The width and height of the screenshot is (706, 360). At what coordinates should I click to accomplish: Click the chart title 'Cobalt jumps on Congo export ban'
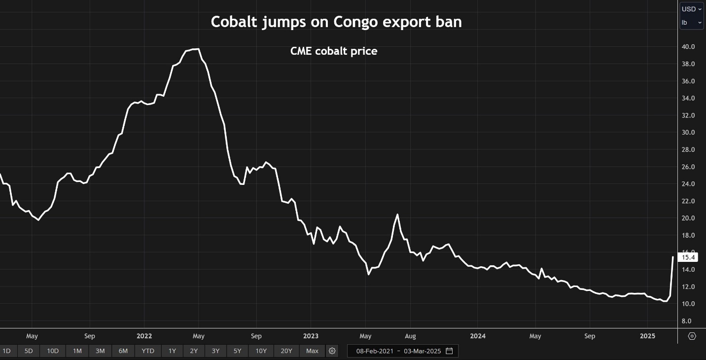tap(336, 22)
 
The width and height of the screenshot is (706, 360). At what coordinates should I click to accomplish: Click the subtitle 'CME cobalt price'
tap(334, 51)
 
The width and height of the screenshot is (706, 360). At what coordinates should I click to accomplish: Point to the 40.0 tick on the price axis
tap(688, 47)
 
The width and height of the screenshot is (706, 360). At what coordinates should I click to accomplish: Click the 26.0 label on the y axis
tap(688, 167)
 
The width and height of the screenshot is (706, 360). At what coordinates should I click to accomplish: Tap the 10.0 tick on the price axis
tap(688, 304)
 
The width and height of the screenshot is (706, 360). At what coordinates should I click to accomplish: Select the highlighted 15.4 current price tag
tap(688, 257)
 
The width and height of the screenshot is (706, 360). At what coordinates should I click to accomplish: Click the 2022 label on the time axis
tap(144, 336)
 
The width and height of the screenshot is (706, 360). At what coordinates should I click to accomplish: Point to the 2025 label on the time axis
tap(647, 336)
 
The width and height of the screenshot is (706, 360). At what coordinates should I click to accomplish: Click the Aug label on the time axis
tap(410, 336)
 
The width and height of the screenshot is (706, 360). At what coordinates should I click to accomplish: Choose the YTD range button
tap(147, 351)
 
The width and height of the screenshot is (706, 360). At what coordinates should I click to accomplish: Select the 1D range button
tap(6, 351)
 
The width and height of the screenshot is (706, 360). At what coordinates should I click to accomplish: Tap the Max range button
tap(312, 351)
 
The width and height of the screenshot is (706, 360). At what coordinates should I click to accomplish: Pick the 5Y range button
tap(237, 351)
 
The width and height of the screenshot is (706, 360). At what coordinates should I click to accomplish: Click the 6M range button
tap(123, 351)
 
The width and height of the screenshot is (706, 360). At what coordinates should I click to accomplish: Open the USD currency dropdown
tap(691, 9)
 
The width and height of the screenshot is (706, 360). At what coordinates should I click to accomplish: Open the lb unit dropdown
tap(691, 23)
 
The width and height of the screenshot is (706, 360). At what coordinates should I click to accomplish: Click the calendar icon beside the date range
tap(449, 351)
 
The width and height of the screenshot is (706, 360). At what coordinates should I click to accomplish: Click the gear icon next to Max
tap(332, 351)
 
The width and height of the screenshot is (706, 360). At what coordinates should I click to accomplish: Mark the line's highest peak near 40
tap(197, 49)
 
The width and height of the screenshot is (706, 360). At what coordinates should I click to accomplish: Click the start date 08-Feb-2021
tap(375, 351)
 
